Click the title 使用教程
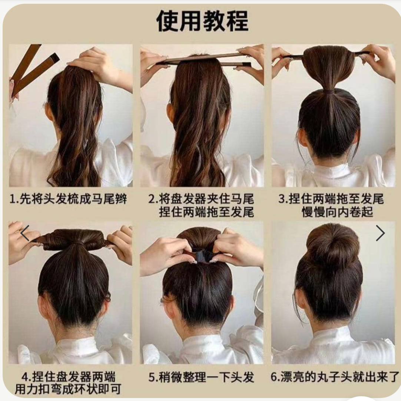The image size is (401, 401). pos(202,21)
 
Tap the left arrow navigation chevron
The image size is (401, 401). pos(25,233)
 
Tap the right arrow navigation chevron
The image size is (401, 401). pos(380,233)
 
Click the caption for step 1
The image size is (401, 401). pos(68,199)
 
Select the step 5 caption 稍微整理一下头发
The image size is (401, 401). pos(202,377)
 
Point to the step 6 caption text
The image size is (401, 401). pos(335,377)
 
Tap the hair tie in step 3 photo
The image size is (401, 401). pos(329,91)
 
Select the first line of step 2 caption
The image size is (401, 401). pos(201,199)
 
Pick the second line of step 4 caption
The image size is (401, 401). pos(68,389)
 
